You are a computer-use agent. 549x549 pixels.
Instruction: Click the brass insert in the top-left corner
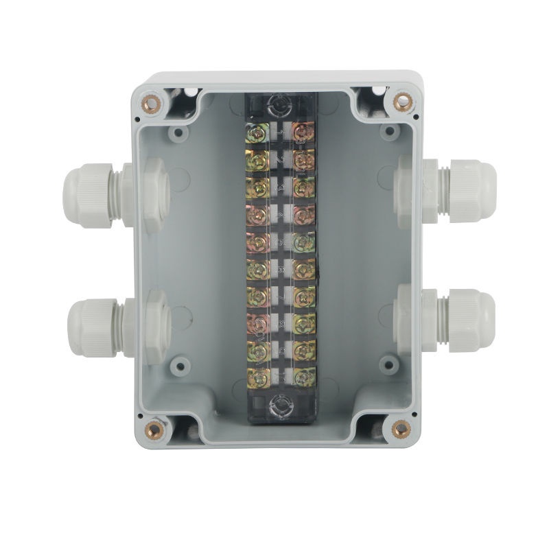click(x=149, y=104)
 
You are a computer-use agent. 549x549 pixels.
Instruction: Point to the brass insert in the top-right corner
click(x=401, y=102)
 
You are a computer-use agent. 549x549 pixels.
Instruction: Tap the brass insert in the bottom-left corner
click(x=152, y=431)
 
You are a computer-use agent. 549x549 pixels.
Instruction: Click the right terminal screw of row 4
click(x=299, y=213)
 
